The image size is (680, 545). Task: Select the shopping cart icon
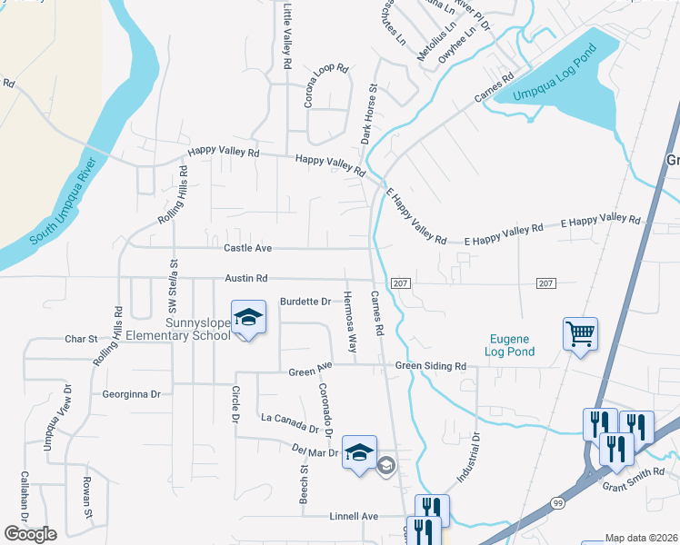tap(579, 332)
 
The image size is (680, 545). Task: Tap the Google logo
tap(30, 534)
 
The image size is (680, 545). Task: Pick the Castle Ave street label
tap(247, 247)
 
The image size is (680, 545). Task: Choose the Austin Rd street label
tap(247, 279)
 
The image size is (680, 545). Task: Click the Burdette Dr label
tap(305, 301)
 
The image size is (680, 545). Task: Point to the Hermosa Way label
tap(349, 322)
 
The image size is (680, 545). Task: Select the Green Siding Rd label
tap(430, 366)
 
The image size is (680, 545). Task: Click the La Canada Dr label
tap(289, 422)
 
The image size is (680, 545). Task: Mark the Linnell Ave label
tap(353, 516)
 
